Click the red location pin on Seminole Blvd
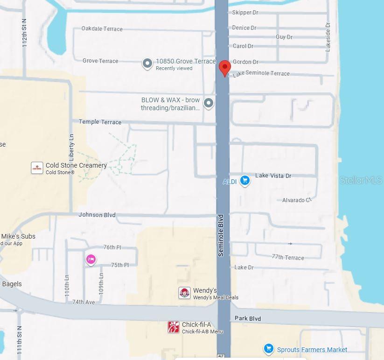(x=225, y=68)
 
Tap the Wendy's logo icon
(x=185, y=293)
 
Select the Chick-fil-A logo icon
(x=174, y=327)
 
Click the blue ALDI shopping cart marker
(x=244, y=181)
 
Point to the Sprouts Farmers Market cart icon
(x=268, y=349)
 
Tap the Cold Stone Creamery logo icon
(x=37, y=168)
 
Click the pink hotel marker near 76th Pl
(x=91, y=260)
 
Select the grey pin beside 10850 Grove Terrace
(x=147, y=64)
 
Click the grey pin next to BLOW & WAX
(x=209, y=103)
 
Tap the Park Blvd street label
(x=248, y=318)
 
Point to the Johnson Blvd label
(x=97, y=215)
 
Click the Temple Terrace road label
(x=100, y=122)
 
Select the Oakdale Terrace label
(x=102, y=28)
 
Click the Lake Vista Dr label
(x=273, y=176)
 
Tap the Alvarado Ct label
(x=296, y=200)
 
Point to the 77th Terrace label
(x=288, y=257)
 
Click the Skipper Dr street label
(x=245, y=13)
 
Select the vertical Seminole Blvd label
(x=221, y=235)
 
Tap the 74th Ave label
(x=84, y=302)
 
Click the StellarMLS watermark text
(x=361, y=180)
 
